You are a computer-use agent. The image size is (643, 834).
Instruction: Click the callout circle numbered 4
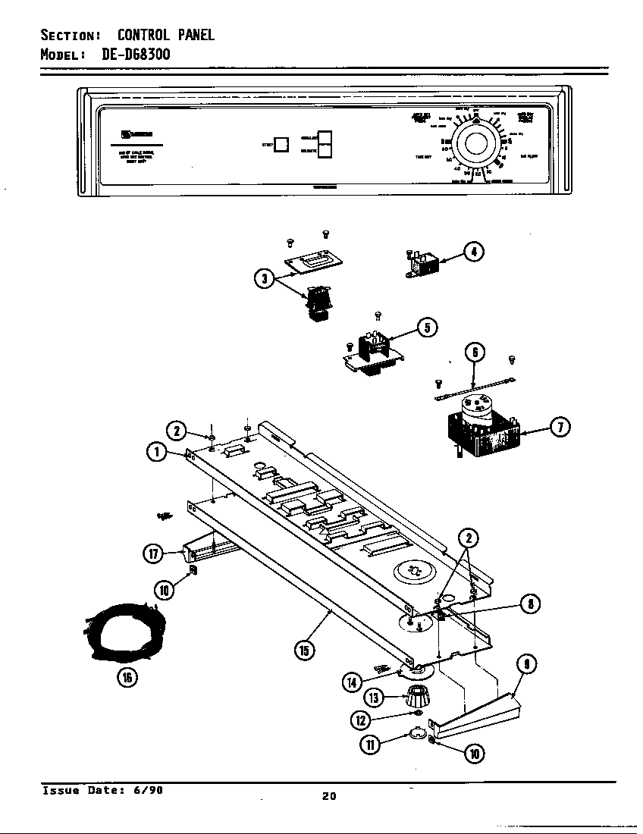point(473,252)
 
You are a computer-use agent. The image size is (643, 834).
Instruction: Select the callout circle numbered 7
point(560,427)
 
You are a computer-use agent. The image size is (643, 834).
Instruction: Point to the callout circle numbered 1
point(157,453)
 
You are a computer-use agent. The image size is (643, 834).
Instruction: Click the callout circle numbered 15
point(305,650)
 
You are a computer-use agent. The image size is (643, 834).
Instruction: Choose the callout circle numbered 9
point(526,665)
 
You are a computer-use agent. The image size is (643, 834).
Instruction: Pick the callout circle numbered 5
point(426,328)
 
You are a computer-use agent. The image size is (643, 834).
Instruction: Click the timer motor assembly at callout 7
point(481,433)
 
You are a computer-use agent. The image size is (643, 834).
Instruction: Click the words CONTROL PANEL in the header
point(166,34)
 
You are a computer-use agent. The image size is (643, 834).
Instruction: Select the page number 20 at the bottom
point(328,795)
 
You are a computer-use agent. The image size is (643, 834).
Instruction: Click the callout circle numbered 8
point(529,604)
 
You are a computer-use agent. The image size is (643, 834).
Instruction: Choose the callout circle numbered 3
point(264,278)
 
